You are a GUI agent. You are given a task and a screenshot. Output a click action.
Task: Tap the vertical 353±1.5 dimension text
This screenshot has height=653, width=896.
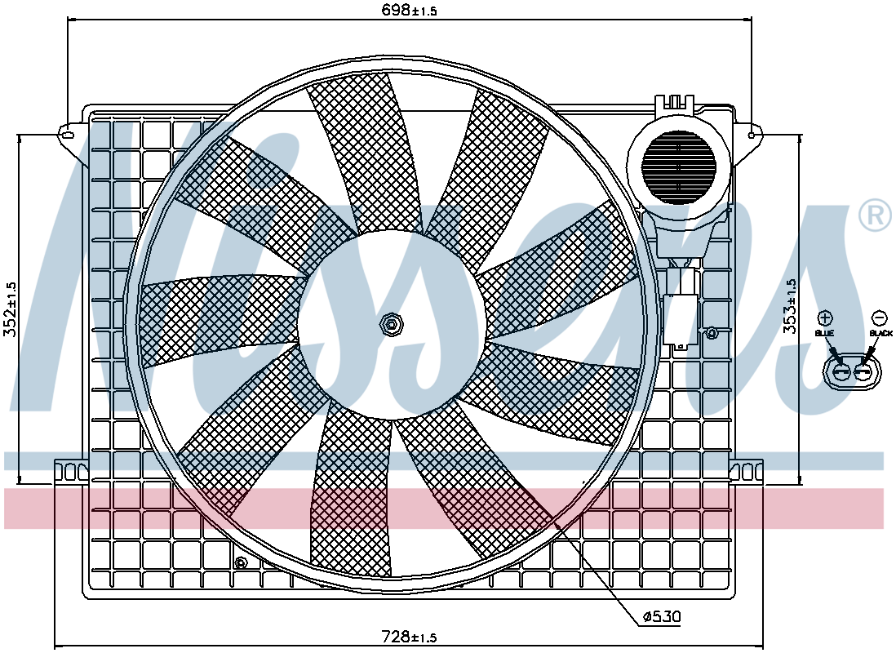point(789,306)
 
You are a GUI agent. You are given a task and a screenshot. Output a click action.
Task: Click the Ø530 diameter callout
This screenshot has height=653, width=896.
point(661,616)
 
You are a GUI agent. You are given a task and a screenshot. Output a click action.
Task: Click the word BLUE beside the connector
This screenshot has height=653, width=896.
point(824,333)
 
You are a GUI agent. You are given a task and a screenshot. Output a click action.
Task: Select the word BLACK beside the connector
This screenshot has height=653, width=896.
point(880,333)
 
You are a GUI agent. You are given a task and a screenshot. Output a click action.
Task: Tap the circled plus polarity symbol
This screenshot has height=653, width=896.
point(825,318)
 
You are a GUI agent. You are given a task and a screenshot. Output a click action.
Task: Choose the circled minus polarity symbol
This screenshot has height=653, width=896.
point(880,318)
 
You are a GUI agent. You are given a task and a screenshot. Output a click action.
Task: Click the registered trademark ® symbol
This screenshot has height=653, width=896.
point(875,215)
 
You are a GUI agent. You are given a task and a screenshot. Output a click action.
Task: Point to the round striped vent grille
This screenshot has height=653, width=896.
point(678,167)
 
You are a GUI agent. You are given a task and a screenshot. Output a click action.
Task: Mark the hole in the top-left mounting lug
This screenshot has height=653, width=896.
point(68,135)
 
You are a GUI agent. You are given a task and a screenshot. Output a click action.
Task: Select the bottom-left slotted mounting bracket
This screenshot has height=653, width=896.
point(72,471)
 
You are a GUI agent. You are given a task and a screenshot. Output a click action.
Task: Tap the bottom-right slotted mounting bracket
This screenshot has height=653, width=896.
point(747,471)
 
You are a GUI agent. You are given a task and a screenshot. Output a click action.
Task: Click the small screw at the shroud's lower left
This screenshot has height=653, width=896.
point(242,562)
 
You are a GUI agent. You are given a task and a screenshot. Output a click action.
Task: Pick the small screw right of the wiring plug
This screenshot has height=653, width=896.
point(712,332)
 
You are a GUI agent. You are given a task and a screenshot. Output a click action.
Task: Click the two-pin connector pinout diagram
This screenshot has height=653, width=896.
point(849,372)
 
